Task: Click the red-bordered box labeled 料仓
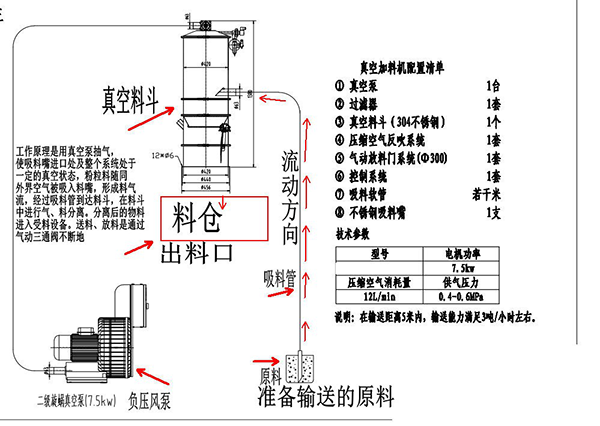click(215, 215)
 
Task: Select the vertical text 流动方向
click(289, 199)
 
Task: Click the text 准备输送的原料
click(325, 396)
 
